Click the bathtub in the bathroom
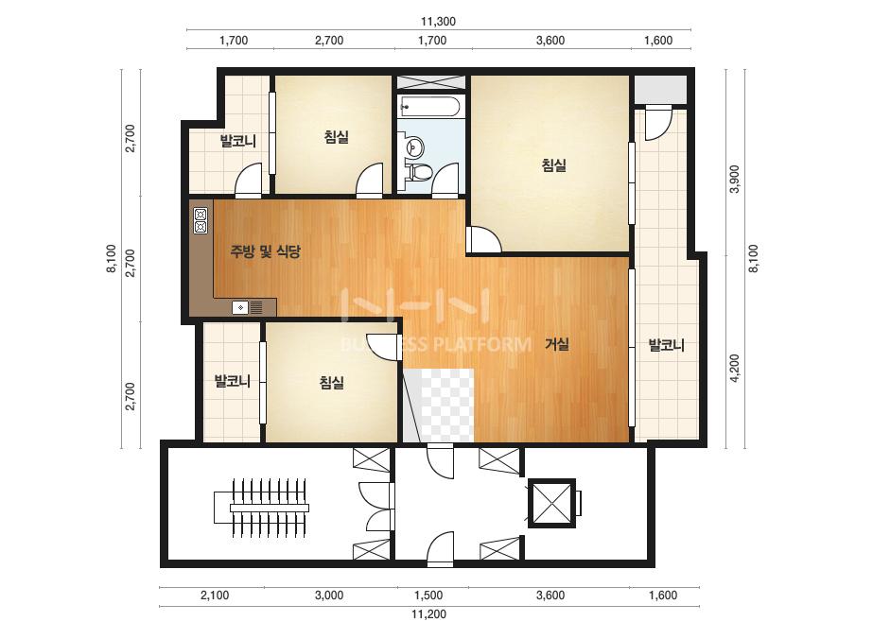tap(431, 105)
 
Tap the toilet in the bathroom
tap(420, 171)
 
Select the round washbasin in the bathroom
tap(415, 147)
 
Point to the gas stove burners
tap(201, 220)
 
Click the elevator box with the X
tap(551, 503)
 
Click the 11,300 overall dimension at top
tap(438, 22)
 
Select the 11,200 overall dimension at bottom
tap(428, 614)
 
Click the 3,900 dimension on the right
tap(735, 179)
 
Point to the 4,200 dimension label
tap(735, 368)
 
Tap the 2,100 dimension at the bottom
tap(215, 596)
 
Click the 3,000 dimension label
tap(329, 596)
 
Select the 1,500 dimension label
tap(428, 596)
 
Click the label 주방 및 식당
tap(266, 251)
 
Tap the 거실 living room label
tap(557, 344)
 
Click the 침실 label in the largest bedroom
tap(554, 164)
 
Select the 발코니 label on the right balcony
tap(667, 345)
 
